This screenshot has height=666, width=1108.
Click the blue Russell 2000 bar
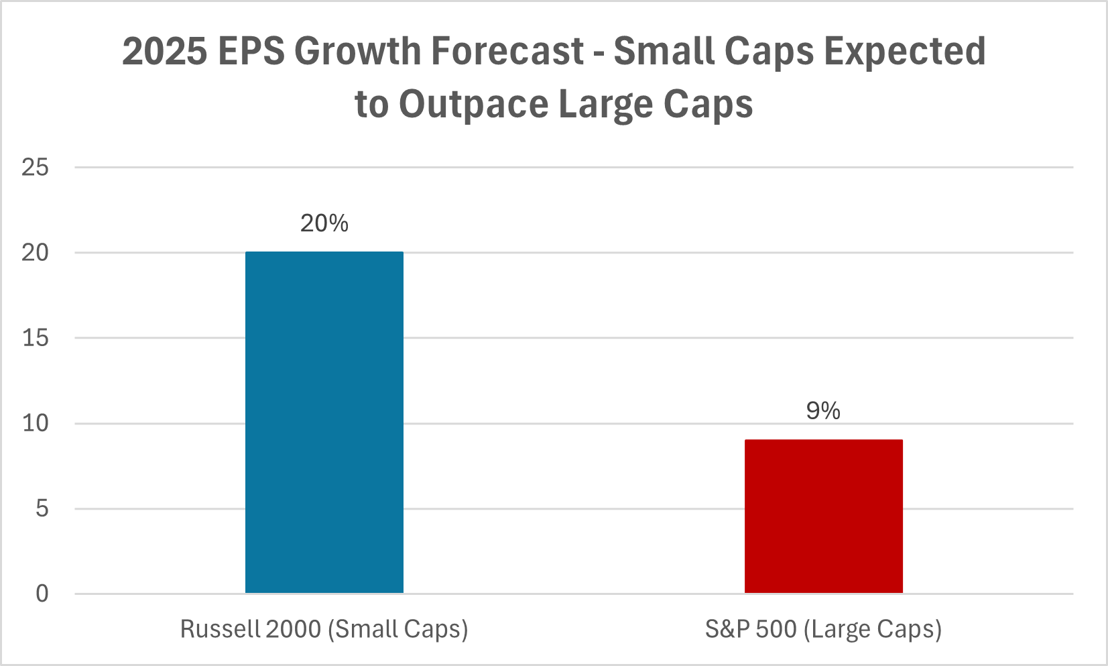point(324,423)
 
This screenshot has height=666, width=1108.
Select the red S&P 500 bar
point(823,516)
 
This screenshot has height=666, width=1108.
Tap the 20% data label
point(324,223)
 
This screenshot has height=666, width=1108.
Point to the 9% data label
point(823,410)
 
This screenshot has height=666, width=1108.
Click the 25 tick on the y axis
point(36,167)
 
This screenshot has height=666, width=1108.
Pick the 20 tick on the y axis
point(36,253)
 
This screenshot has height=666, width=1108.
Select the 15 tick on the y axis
point(36,338)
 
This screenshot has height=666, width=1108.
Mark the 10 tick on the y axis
point(36,423)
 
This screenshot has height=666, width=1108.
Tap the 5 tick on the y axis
point(42,508)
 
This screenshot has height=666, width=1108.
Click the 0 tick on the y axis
point(42,594)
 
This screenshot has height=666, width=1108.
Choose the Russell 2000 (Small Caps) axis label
point(324,629)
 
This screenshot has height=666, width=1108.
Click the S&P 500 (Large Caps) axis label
point(823,629)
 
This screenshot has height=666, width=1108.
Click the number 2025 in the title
point(165,52)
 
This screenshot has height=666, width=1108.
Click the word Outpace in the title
point(474,105)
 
